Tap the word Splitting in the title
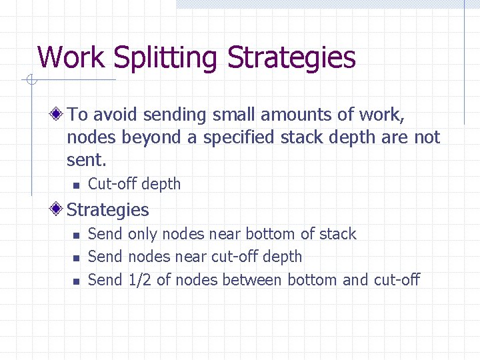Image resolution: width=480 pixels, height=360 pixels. [166, 59]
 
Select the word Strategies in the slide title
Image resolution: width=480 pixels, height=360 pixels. [291, 59]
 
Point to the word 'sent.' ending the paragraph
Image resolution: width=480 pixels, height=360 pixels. [87, 160]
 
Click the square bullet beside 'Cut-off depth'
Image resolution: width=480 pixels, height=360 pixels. [77, 185]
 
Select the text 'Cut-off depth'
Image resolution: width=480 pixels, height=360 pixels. [134, 184]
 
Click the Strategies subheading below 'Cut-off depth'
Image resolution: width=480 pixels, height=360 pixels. [108, 210]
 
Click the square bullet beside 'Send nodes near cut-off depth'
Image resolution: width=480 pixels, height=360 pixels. [77, 257]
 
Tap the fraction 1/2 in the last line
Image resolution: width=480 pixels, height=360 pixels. [140, 279]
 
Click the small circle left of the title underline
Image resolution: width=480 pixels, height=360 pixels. [31, 81]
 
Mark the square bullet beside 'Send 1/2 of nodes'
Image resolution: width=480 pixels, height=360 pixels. [77, 281]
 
